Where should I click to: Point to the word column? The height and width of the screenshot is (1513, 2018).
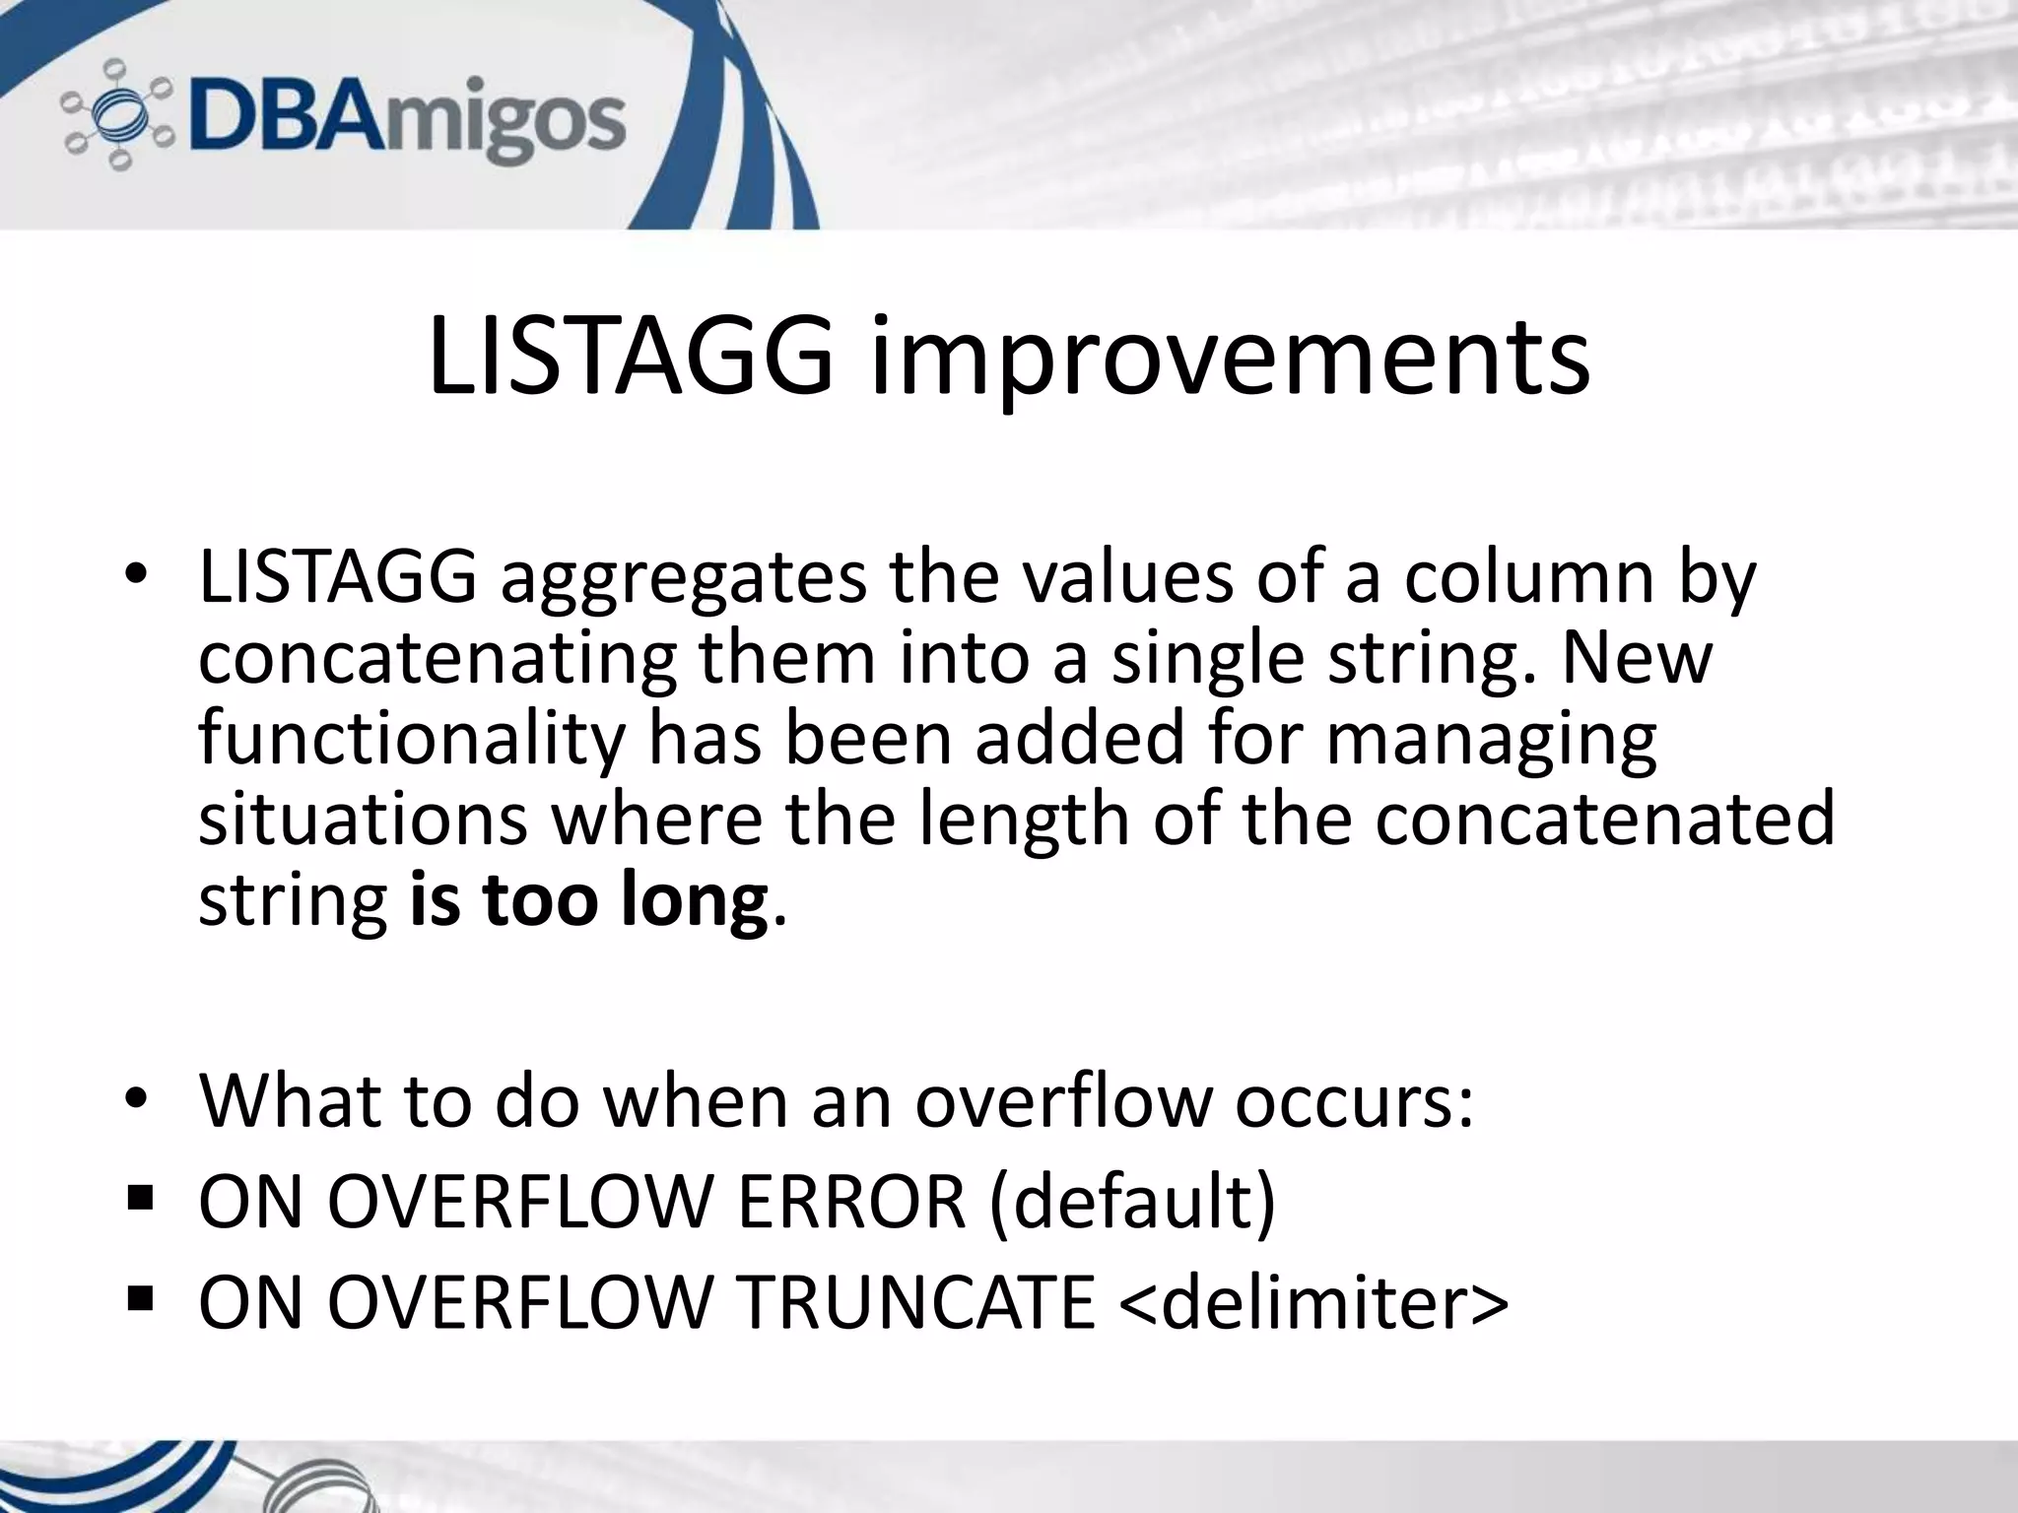tap(1528, 578)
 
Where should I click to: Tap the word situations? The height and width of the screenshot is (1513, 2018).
tap(363, 820)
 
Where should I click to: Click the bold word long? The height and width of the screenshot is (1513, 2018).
tap(694, 900)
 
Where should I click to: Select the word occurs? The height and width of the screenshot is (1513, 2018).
tap(1354, 1100)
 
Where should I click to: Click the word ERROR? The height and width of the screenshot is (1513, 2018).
tap(851, 1202)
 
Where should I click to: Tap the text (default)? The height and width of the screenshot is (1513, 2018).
tap(1132, 1202)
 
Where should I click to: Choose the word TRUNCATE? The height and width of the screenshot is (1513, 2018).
tap(916, 1302)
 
